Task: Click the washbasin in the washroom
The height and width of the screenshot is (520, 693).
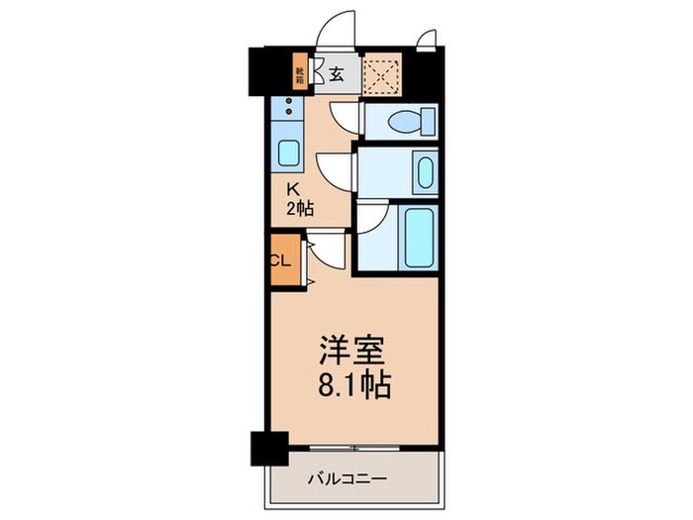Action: [422, 172]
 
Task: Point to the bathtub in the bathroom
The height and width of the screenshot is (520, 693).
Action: [419, 235]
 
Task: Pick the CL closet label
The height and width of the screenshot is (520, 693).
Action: [279, 261]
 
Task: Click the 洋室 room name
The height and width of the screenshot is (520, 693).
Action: [352, 354]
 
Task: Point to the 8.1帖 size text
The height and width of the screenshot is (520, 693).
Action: [353, 384]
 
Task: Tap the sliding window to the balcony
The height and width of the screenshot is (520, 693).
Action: [356, 447]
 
